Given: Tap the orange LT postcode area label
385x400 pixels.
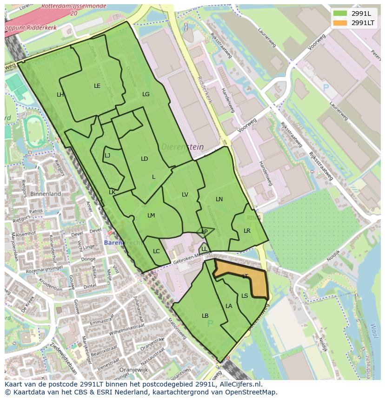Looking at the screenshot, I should (245, 276).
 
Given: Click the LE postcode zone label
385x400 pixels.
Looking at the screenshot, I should (97, 85).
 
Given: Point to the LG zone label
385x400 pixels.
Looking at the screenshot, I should (146, 94).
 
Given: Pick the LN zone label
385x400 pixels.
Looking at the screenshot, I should (219, 199).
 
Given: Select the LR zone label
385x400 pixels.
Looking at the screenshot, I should (247, 230).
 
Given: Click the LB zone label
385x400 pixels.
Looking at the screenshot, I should (205, 315).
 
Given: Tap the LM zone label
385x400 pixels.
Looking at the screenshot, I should (151, 215).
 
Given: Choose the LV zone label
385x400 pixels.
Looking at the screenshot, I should (185, 194).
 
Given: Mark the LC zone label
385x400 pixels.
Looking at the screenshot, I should (156, 251).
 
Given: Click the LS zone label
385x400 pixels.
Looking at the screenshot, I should (245, 295).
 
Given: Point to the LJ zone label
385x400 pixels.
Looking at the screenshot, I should (107, 155).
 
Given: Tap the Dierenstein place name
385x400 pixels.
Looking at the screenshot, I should (182, 147).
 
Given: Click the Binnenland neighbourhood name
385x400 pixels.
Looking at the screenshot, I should (46, 193).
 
